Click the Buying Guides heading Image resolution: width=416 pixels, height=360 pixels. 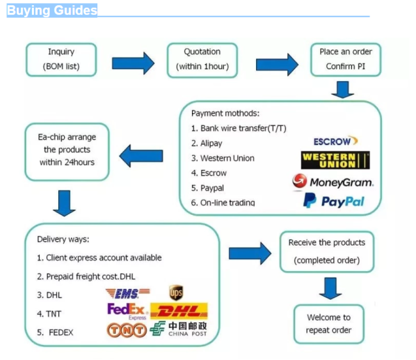click(52, 10)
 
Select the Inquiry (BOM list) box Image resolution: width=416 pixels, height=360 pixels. click(61, 59)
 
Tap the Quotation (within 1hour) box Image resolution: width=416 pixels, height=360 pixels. click(202, 59)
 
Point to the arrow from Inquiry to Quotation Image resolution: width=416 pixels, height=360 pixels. click(133, 63)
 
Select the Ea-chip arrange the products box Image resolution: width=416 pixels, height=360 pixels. click(67, 151)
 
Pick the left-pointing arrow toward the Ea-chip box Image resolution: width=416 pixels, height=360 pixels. click(141, 154)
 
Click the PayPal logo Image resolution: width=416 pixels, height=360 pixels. click(333, 201)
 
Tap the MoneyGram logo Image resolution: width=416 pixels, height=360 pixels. click(332, 182)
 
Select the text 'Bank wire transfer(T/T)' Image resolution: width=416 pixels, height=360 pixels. click(243, 129)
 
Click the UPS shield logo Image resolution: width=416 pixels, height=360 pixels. click(177, 293)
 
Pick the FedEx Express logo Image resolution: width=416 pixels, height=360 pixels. click(127, 311)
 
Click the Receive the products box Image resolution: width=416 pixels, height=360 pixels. click(327, 251)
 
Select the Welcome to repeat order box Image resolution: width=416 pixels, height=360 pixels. click(328, 324)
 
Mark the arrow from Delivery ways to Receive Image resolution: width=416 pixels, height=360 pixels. click(250, 253)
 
